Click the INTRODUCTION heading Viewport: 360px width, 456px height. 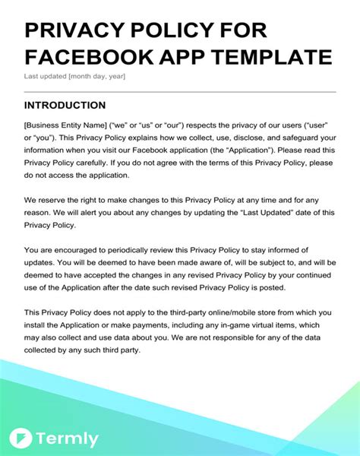65,105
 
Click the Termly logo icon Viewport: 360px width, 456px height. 20,439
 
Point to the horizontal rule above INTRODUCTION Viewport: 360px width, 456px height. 179,91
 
